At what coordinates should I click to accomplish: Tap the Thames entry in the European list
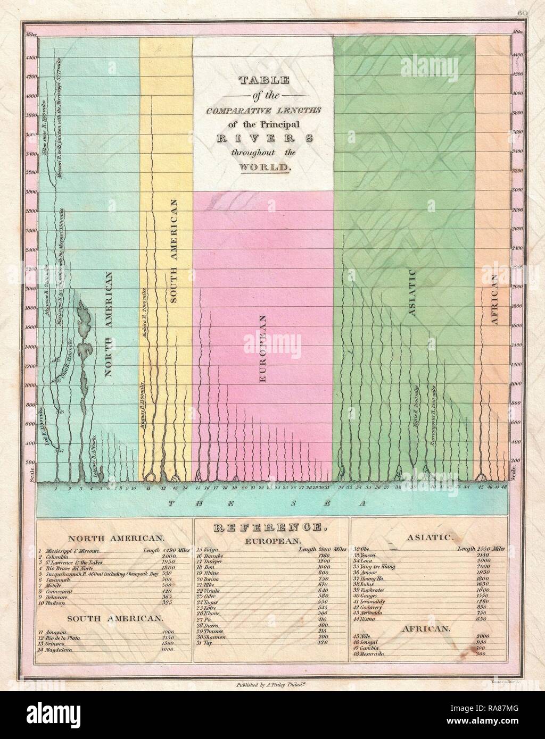click(217, 630)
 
